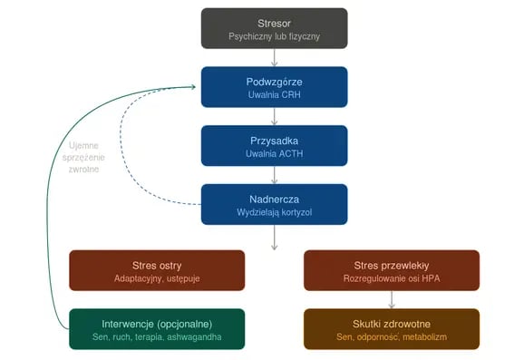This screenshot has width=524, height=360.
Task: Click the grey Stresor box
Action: [274, 28]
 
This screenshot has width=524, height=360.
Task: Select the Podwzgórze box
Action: [274, 87]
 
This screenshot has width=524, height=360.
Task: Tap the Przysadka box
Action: [274, 146]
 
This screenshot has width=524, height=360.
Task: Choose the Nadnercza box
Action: [274, 204]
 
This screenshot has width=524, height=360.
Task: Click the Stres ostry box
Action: [157, 270]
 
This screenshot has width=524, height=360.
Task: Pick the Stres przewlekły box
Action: [392, 270]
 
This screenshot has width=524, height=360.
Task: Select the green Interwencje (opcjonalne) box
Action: [157, 329]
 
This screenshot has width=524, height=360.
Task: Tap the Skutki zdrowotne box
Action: [392, 329]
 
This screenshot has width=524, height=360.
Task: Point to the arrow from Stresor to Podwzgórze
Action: [275, 58]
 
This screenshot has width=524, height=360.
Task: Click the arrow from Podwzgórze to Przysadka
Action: [275, 116]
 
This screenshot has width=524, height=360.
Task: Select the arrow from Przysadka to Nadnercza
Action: [275, 175]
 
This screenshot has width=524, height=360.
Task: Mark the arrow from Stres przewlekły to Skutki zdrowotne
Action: [392, 299]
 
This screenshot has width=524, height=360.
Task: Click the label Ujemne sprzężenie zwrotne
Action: [83, 158]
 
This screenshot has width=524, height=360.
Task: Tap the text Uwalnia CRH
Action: [274, 94]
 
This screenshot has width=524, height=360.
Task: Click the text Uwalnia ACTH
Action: [274, 154]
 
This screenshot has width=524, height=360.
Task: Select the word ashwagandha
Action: [194, 337]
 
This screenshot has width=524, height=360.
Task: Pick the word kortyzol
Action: [296, 212]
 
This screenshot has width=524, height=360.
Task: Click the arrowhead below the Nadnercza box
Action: [275, 248]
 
